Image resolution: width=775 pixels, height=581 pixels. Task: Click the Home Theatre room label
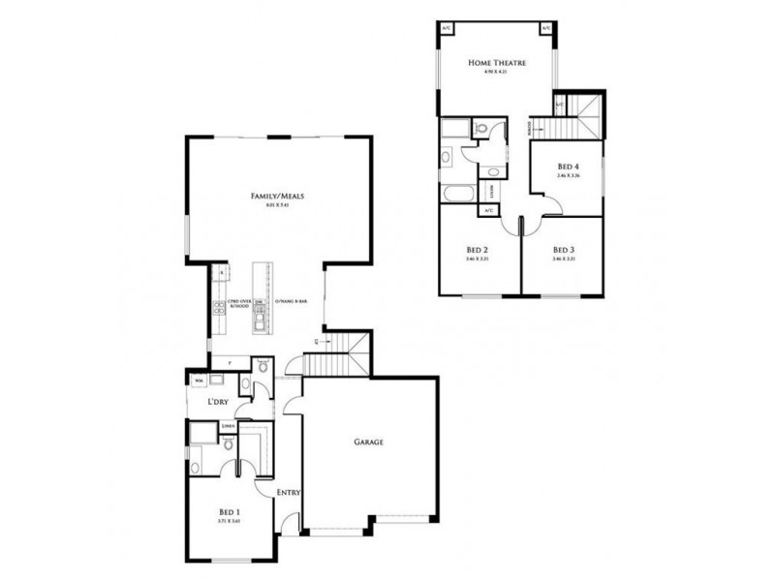click(x=497, y=62)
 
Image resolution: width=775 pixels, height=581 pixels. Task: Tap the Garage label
click(x=368, y=442)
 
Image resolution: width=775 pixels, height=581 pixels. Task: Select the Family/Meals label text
click(x=278, y=196)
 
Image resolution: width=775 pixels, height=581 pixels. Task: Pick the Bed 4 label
click(x=568, y=165)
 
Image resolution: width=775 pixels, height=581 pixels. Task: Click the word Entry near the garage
click(x=289, y=493)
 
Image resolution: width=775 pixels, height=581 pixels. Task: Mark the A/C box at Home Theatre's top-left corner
click(x=447, y=27)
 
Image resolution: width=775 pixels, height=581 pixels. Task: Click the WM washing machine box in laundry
click(x=199, y=381)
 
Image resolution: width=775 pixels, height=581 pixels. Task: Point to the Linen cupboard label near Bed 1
click(x=229, y=425)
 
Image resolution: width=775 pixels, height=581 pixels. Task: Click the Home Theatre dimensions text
click(x=497, y=74)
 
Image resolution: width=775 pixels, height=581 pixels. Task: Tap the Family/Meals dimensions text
click(x=278, y=206)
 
